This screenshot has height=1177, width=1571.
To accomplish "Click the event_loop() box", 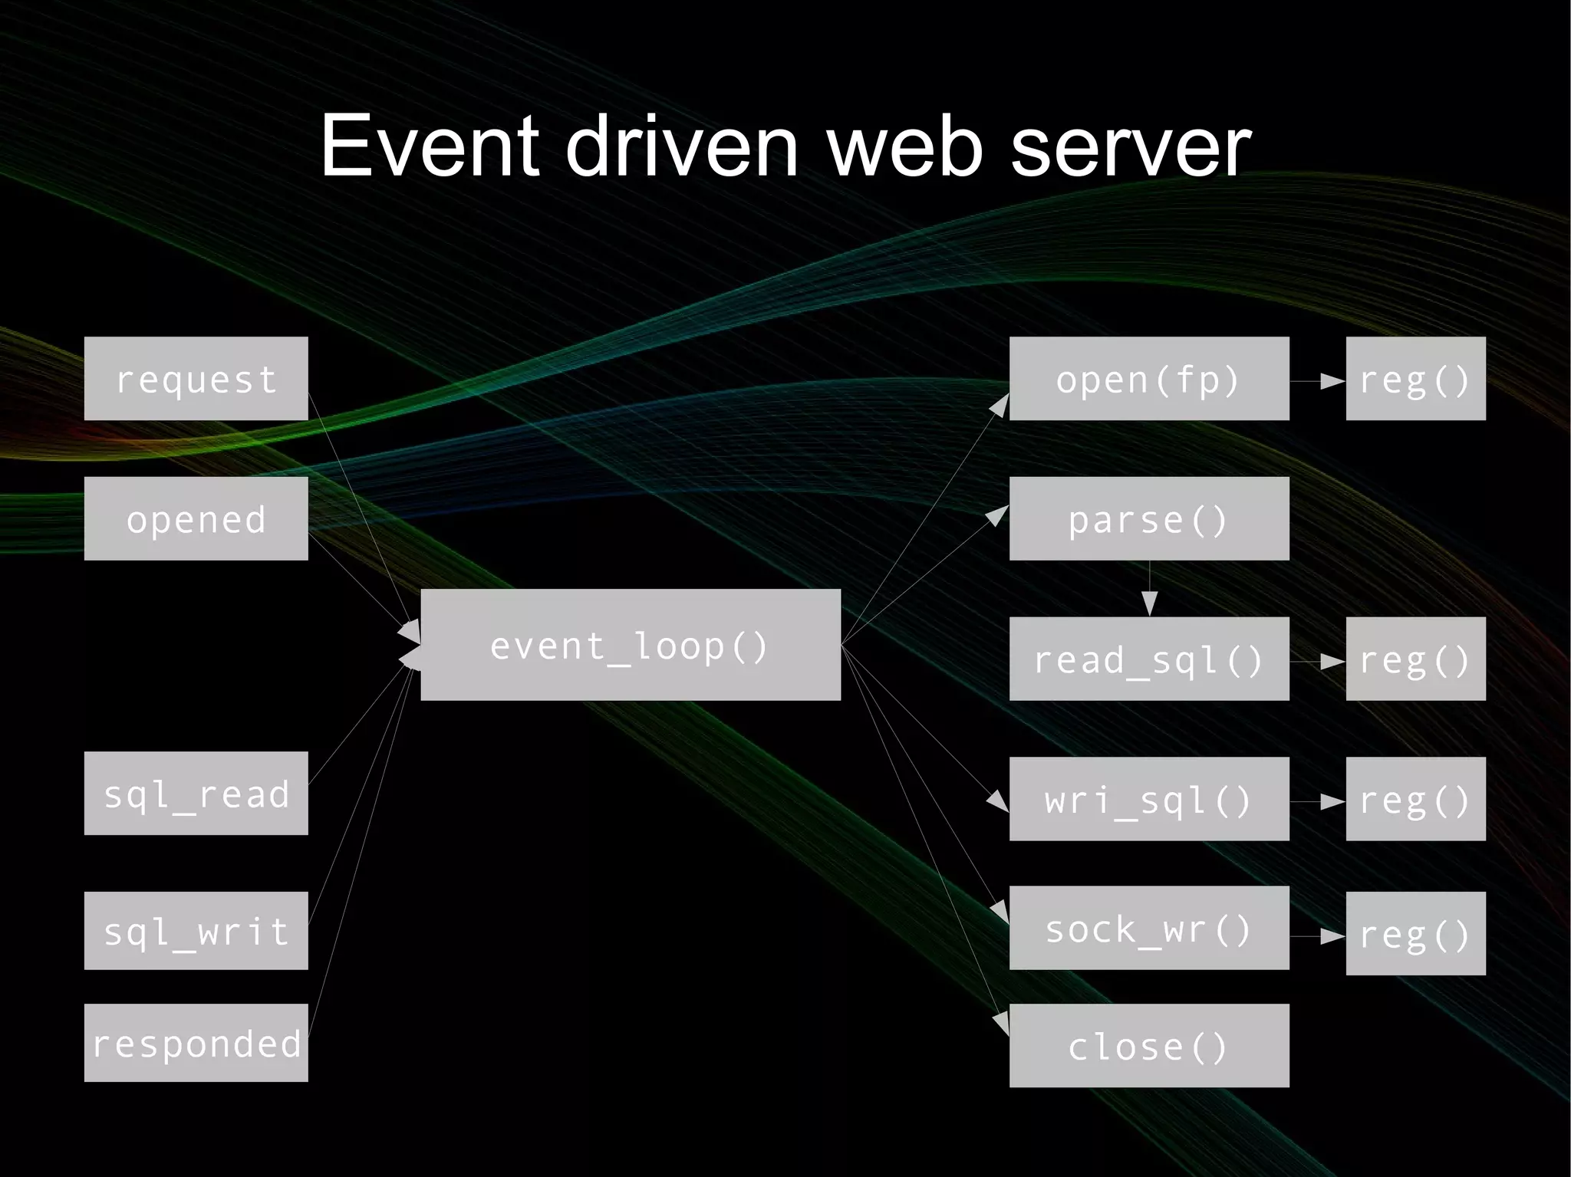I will [x=631, y=644].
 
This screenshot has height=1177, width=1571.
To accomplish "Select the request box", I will [x=196, y=378].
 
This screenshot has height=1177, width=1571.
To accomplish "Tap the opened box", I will [x=196, y=518].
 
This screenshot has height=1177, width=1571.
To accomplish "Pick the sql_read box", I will [x=196, y=793].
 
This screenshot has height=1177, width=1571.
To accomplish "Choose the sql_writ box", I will [x=196, y=930].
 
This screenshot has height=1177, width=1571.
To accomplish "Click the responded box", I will [x=196, y=1042].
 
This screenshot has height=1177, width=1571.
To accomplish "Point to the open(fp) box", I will [x=1148, y=378].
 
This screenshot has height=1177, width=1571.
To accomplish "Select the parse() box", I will [x=1148, y=518].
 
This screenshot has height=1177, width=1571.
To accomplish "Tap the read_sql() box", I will [x=1148, y=658].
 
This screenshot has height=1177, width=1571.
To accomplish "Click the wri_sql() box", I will [x=1148, y=798].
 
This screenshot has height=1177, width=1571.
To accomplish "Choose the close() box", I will [x=1148, y=1045].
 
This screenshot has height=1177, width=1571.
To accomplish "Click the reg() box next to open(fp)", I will [x=1415, y=378].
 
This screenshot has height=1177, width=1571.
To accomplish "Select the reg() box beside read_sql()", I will [x=1415, y=658].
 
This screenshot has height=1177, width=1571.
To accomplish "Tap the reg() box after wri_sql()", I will [x=1415, y=798].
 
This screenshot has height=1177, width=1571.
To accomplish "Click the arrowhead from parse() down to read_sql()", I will [x=1149, y=603].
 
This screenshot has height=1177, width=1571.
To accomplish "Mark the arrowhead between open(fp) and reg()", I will [x=1332, y=380].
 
